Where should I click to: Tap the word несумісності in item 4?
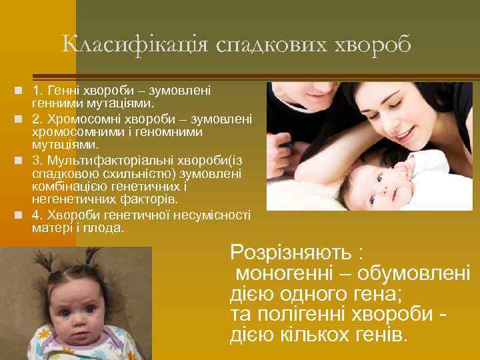coord(211,215)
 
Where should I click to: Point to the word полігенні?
coord(299,314)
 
